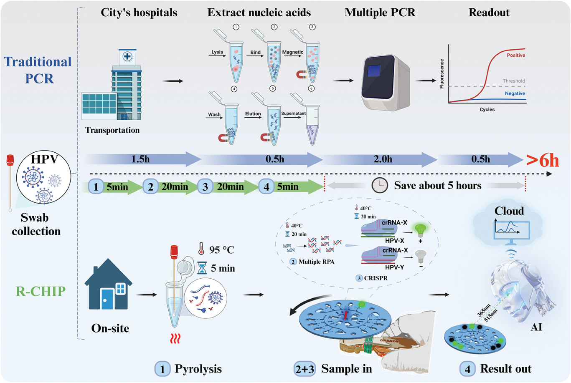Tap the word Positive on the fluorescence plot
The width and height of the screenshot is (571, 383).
pos(515,55)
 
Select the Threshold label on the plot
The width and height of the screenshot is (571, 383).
pos(513,81)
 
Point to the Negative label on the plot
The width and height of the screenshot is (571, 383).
pos(515,93)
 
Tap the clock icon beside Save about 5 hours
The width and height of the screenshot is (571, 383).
pos(379,185)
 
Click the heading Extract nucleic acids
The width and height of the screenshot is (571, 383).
pos(259,13)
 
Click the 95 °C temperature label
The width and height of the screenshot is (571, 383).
pos(221,250)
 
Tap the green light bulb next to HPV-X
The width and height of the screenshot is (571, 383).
pos(420,229)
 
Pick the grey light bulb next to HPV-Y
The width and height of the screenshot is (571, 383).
pos(420,256)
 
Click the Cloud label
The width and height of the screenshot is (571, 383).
pos(509,211)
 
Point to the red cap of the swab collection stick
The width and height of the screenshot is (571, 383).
pos(10,160)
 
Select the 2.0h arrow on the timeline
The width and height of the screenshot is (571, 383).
pos(382,159)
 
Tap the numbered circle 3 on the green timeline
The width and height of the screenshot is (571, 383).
pos(205,186)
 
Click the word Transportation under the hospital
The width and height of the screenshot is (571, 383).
pos(112,130)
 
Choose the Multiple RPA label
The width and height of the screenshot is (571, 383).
pos(316,262)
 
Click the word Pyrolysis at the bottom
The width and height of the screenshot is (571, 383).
pos(198,369)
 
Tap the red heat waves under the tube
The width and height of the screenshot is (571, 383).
pos(175,338)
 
